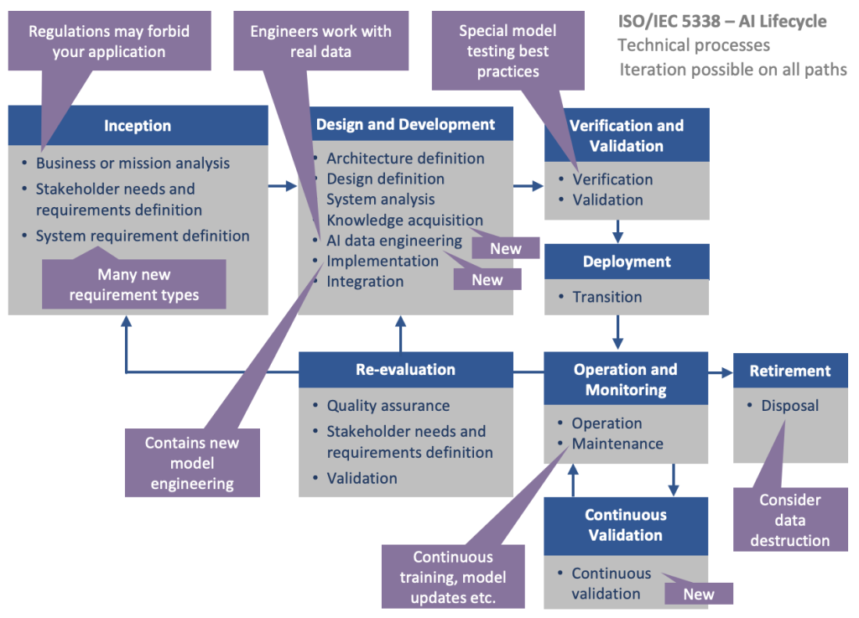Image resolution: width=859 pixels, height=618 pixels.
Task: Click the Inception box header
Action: coord(138,126)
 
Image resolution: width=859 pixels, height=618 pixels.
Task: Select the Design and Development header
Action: coord(405,124)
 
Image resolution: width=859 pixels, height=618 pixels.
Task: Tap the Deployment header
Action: coord(626,262)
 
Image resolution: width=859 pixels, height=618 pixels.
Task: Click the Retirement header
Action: coord(789,371)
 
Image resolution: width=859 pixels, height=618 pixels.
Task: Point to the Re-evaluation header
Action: coord(405,370)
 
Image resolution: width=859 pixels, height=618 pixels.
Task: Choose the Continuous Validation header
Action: coord(625,525)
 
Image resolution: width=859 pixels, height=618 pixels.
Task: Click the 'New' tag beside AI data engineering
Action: coord(505,248)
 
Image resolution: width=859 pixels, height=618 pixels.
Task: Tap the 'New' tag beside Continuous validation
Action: coord(698,594)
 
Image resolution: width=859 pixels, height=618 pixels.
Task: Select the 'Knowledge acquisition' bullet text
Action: coord(404,221)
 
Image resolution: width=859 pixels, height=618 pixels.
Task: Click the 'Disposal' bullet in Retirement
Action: coord(789,406)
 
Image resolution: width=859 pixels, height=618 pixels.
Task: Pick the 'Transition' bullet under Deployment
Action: coord(607,297)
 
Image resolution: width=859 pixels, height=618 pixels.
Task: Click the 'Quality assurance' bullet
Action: coord(388,406)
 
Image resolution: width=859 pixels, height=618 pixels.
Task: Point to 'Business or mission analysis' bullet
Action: coord(133,164)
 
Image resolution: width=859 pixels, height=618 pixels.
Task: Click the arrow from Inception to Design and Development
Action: coord(283,186)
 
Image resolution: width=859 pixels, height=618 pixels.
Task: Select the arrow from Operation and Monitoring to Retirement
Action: coord(720,371)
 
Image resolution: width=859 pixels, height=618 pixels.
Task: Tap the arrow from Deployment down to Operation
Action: coord(618,331)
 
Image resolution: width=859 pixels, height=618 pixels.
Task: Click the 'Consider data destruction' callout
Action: coord(789,520)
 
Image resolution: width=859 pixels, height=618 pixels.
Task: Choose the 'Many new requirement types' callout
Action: coord(134,284)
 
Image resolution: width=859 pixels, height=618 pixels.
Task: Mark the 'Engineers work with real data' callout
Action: coord(320,42)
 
